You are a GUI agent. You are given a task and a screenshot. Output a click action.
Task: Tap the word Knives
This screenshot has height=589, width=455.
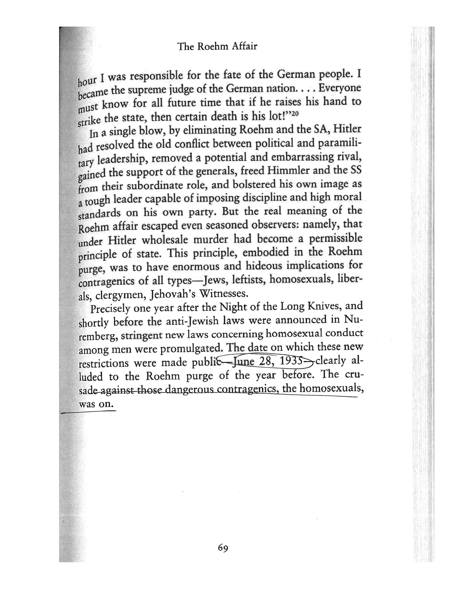tap(326, 306)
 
